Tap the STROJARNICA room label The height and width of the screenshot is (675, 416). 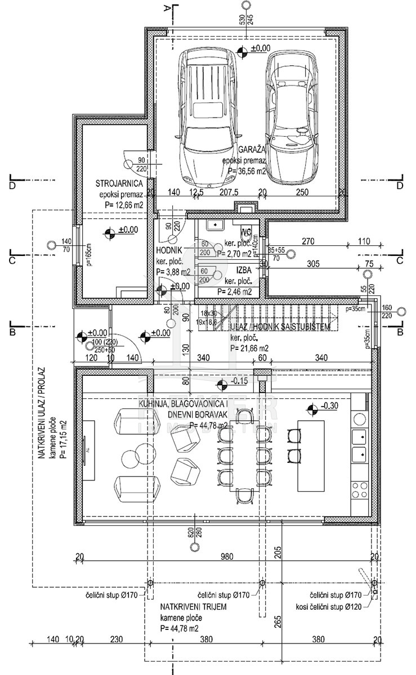coord(118,183)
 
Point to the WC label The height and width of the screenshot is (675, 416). coord(245,231)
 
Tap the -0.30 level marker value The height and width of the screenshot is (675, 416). coord(329,407)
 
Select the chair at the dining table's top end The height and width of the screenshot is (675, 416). coord(244,416)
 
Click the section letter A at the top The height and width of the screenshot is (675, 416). coord(167,8)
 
